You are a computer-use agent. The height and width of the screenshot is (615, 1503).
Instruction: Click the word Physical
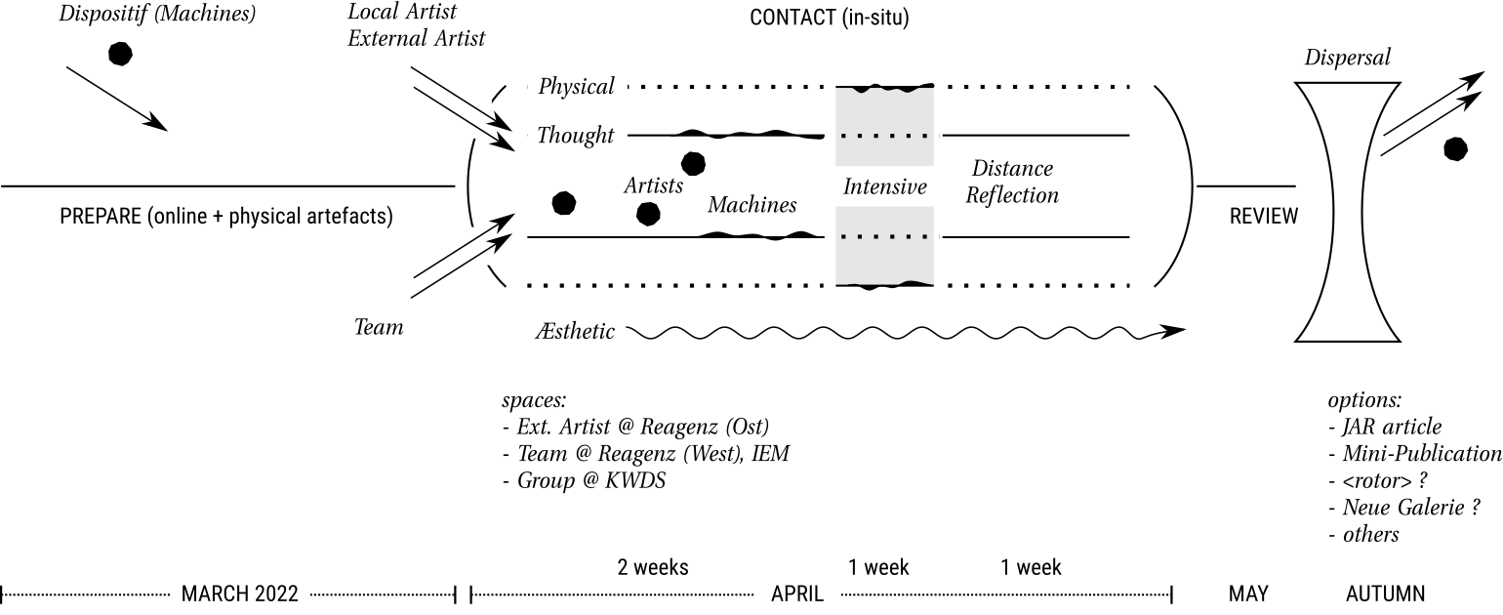pyautogui.click(x=576, y=87)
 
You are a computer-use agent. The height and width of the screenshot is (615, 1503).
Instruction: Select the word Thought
pyautogui.click(x=576, y=136)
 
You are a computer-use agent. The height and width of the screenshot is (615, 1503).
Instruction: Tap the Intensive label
pyautogui.click(x=884, y=186)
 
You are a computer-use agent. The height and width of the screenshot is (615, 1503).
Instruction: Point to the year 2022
pyautogui.click(x=276, y=594)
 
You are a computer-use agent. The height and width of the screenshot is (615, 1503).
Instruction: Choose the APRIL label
pyautogui.click(x=797, y=594)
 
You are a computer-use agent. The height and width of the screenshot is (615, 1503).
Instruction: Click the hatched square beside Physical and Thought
pyautogui.click(x=478, y=119)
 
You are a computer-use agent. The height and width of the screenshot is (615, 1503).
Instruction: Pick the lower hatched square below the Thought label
pyautogui.click(x=478, y=246)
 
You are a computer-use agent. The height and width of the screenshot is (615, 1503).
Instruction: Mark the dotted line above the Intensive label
pyautogui.click(x=884, y=136)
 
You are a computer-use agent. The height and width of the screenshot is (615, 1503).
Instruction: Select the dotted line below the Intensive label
pyautogui.click(x=884, y=236)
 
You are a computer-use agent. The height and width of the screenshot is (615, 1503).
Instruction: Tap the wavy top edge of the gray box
pyautogui.click(x=884, y=89)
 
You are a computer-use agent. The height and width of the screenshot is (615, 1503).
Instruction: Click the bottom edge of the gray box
pyautogui.click(x=884, y=284)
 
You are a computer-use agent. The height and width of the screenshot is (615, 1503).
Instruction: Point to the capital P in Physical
pyautogui.click(x=545, y=87)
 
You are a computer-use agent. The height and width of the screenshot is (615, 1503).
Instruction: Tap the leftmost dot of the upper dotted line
pyautogui.click(x=844, y=136)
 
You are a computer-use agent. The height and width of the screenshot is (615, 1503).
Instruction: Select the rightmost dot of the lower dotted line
pyautogui.click(x=924, y=236)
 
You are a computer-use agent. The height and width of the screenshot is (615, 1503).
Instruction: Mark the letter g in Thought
pyautogui.click(x=592, y=138)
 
